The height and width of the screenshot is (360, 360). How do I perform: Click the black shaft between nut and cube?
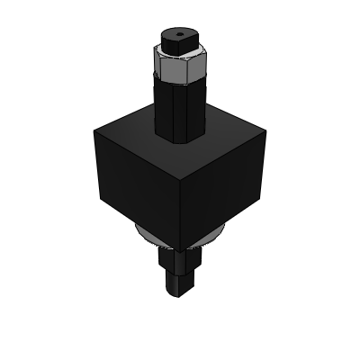pos(180,103)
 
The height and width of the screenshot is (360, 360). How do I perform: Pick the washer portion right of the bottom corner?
pos(216,236)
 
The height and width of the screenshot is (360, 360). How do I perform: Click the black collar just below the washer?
pos(181,260)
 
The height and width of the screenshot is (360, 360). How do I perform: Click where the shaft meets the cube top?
pos(180,137)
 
